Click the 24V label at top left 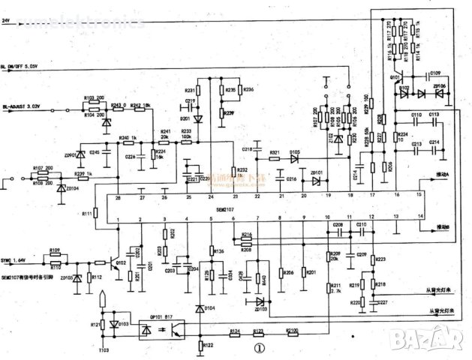[x=8, y=20]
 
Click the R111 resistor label [x=87, y=214]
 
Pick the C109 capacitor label [x=435, y=73]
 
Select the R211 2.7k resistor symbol [x=329, y=287]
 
